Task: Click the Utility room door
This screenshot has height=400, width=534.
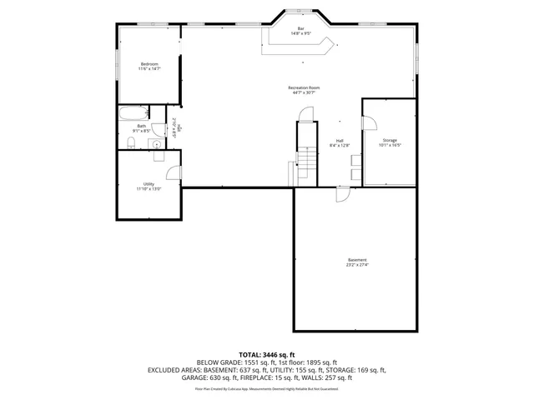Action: pyautogui.click(x=174, y=172)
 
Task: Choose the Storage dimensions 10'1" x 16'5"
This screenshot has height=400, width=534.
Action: pyautogui.click(x=390, y=146)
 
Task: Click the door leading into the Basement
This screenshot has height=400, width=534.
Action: pyautogui.click(x=343, y=194)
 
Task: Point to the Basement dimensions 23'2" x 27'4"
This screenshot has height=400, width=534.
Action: pyautogui.click(x=357, y=266)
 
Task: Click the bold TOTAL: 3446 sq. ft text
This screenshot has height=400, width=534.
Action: pyautogui.click(x=266, y=355)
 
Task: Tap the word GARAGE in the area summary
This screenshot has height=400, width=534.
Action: pyautogui.click(x=195, y=377)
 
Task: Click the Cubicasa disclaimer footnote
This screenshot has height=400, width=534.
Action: pyautogui.click(x=266, y=388)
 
